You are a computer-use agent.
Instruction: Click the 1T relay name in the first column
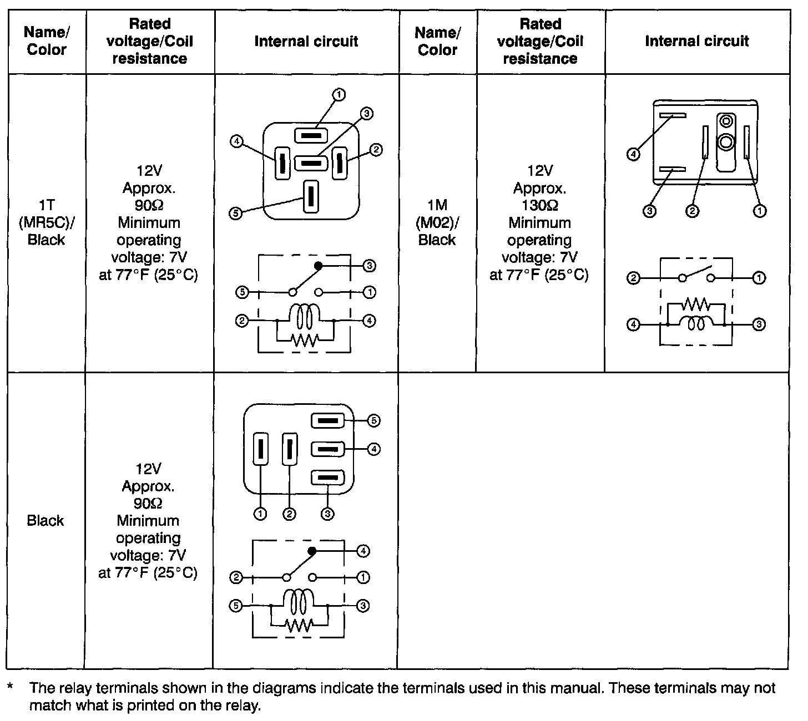[x=47, y=205]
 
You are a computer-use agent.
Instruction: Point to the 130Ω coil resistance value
[x=539, y=205]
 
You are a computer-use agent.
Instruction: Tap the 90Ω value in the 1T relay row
[x=149, y=205]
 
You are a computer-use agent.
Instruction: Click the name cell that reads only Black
[x=46, y=520]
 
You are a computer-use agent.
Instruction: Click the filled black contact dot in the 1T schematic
[x=318, y=266]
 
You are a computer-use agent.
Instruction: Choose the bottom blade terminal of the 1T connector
[x=310, y=197]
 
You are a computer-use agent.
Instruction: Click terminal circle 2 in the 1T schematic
[x=241, y=321]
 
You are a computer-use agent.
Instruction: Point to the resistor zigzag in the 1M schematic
[x=696, y=304]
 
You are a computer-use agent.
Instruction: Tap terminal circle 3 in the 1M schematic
[x=759, y=324]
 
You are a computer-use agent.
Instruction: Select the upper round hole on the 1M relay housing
[x=725, y=121]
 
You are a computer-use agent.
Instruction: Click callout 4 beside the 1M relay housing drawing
[x=633, y=154]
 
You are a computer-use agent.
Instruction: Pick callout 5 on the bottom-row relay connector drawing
[x=373, y=420]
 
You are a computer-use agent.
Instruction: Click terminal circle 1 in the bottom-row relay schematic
[x=363, y=577]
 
